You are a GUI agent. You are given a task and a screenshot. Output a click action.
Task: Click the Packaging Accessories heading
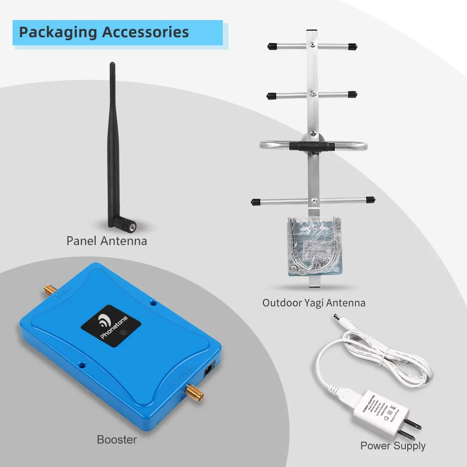point(104,32)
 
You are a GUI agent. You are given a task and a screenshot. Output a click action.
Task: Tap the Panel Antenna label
point(106,241)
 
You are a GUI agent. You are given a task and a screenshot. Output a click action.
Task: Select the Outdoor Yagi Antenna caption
point(314,303)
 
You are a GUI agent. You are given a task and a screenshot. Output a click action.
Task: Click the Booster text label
point(117,439)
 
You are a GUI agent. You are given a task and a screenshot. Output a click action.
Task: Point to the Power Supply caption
point(393,446)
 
